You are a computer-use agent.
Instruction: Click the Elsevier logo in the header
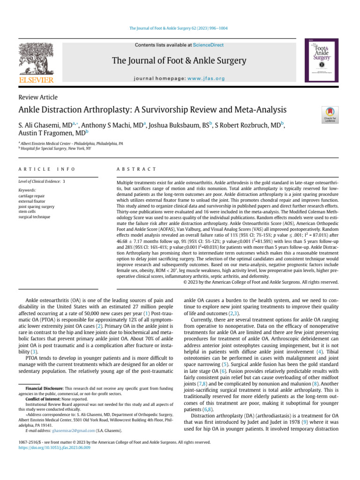[36, 63]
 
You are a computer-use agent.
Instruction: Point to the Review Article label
[37, 97]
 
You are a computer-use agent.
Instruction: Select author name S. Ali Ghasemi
[44, 126]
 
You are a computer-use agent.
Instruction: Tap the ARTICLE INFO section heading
[46, 168]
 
